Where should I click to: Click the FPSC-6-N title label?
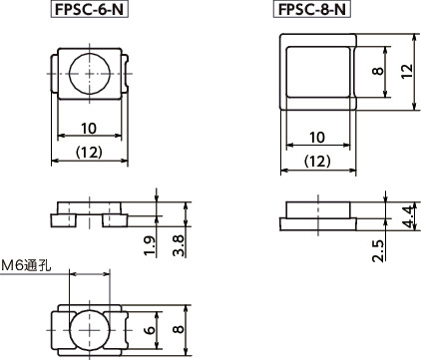[x=90, y=11]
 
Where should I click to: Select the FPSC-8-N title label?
[x=311, y=11]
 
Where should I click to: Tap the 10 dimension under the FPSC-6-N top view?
[x=90, y=128]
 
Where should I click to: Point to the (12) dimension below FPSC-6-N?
[x=90, y=153]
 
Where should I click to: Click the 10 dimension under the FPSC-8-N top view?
[x=317, y=137]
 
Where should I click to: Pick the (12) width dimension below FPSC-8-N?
[x=317, y=160]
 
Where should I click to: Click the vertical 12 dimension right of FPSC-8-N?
[x=406, y=72]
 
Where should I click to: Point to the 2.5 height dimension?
[x=378, y=249]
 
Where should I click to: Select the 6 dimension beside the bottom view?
[x=151, y=330]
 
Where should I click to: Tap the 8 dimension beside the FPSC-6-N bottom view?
[x=177, y=330]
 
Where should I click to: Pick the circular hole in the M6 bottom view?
[x=90, y=329]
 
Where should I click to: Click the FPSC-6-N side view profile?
[x=90, y=213]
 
